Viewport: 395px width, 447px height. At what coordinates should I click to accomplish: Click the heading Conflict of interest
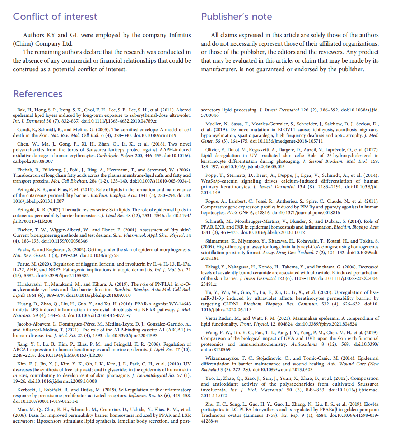[x=55, y=17]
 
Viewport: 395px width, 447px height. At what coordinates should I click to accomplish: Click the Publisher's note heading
[x=236, y=17]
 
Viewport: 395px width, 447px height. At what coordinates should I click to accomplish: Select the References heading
[x=38, y=94]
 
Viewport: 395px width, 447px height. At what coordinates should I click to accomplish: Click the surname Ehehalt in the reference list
[x=25, y=170]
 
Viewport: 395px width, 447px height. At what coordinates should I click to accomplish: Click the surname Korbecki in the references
[x=28, y=390]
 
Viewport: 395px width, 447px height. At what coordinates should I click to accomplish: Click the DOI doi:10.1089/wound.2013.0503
[x=283, y=370]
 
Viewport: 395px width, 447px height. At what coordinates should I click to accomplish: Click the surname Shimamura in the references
[x=217, y=241]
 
